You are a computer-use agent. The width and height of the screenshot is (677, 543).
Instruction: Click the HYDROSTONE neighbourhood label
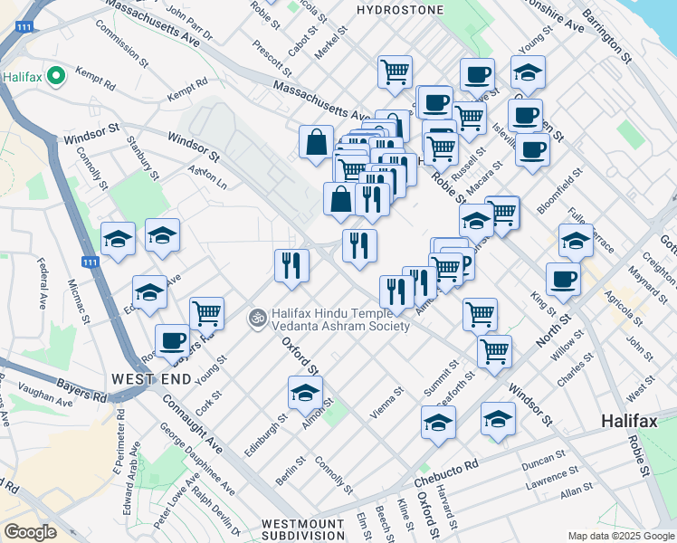400,10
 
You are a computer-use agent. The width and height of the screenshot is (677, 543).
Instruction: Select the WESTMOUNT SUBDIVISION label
302,530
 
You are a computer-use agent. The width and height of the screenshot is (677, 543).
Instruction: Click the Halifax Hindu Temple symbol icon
257,318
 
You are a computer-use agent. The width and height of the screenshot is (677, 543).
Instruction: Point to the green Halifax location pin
55,76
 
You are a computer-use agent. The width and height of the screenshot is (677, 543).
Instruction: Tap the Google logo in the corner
29,531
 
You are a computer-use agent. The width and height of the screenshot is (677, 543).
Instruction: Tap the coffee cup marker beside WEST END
172,340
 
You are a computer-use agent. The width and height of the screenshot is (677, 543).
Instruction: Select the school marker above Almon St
305,393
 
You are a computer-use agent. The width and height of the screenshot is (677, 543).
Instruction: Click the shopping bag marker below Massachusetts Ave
316,142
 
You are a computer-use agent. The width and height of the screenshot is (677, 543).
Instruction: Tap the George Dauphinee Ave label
196,459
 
